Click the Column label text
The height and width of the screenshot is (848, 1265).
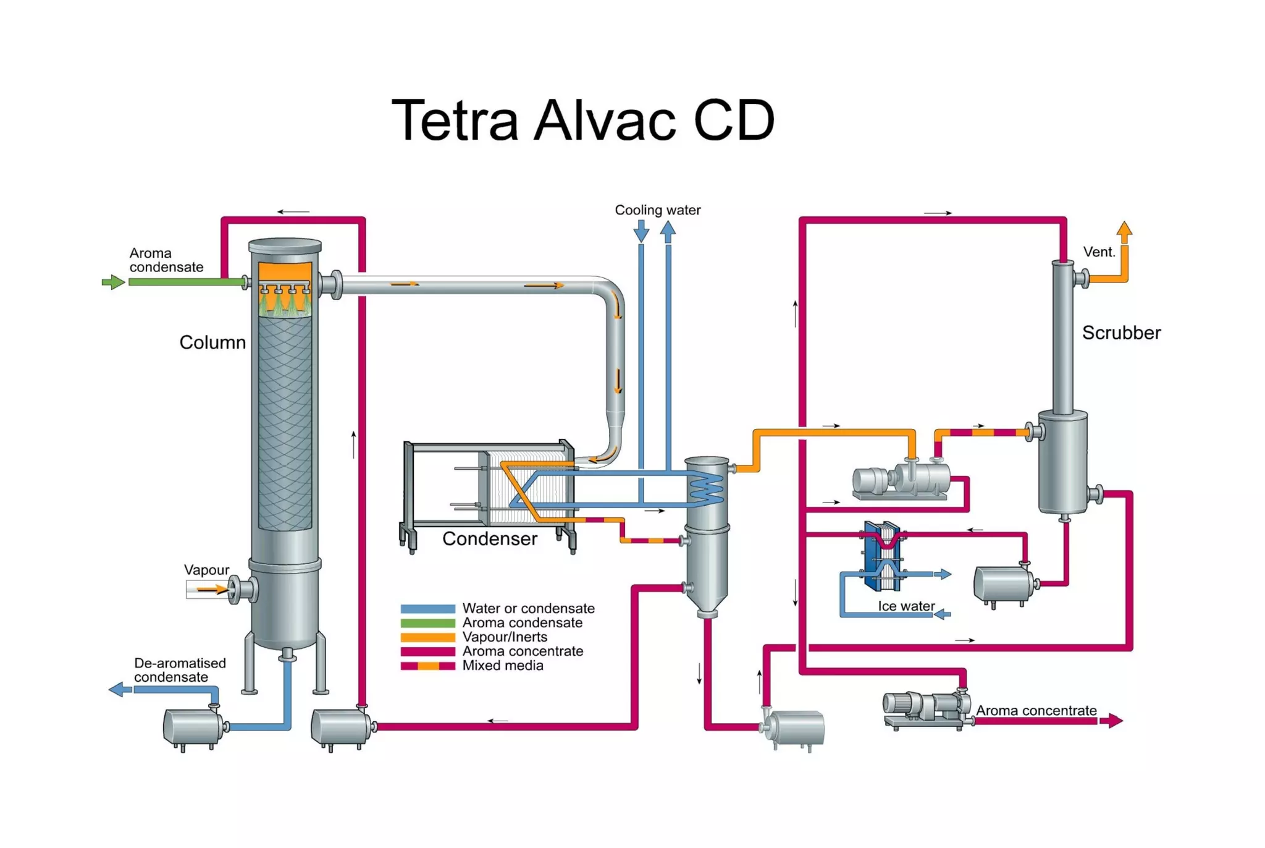212,342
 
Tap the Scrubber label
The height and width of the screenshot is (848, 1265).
1121,333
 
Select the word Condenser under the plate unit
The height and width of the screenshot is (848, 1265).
489,539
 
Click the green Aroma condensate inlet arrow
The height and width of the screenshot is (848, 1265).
113,282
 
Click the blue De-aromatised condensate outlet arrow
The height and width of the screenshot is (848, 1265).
120,689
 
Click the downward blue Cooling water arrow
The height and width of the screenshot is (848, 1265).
641,232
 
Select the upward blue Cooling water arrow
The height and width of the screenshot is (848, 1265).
668,231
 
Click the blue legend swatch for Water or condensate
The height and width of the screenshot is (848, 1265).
427,609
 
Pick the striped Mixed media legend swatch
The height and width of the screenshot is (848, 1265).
427,666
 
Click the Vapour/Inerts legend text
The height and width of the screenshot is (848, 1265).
505,637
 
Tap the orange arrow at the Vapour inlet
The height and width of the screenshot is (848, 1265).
212,590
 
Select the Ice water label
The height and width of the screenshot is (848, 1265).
906,606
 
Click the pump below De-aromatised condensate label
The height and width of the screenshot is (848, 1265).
193,727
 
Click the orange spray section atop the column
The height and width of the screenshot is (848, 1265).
285,273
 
